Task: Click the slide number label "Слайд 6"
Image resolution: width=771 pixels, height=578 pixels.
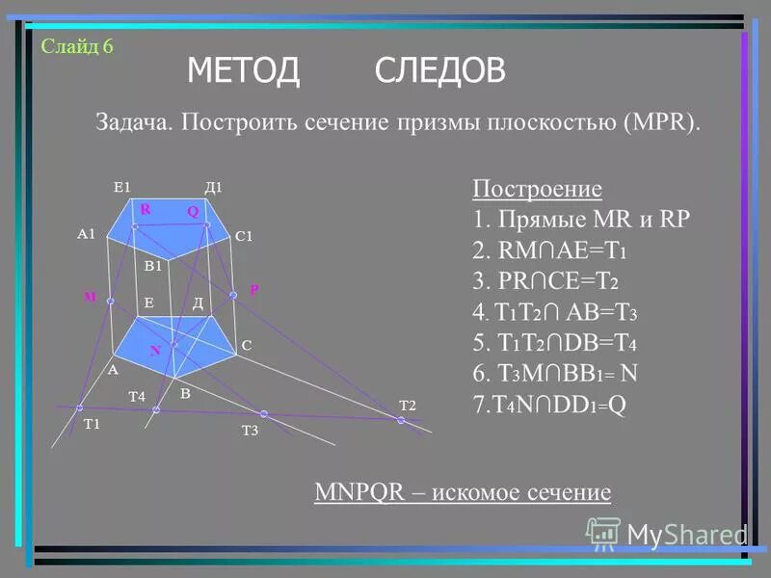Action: click(x=77, y=46)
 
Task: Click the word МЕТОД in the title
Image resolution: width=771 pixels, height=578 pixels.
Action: click(x=244, y=70)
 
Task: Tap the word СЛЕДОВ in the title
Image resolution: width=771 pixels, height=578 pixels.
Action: click(x=439, y=70)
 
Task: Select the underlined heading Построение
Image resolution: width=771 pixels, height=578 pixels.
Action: click(x=538, y=188)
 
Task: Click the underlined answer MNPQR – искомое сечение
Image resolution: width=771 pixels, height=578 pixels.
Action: click(x=463, y=492)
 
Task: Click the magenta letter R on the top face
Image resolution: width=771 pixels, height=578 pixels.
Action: click(x=146, y=208)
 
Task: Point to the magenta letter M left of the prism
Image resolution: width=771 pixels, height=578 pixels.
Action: click(x=90, y=297)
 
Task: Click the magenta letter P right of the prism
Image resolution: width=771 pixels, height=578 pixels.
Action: click(x=254, y=288)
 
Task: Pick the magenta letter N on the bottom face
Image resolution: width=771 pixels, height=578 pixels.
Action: click(x=154, y=352)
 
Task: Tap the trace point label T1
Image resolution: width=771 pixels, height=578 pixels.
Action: click(x=92, y=424)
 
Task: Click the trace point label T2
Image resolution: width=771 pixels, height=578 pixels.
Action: click(x=407, y=405)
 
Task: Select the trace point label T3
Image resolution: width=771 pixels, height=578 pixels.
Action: click(x=250, y=432)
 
